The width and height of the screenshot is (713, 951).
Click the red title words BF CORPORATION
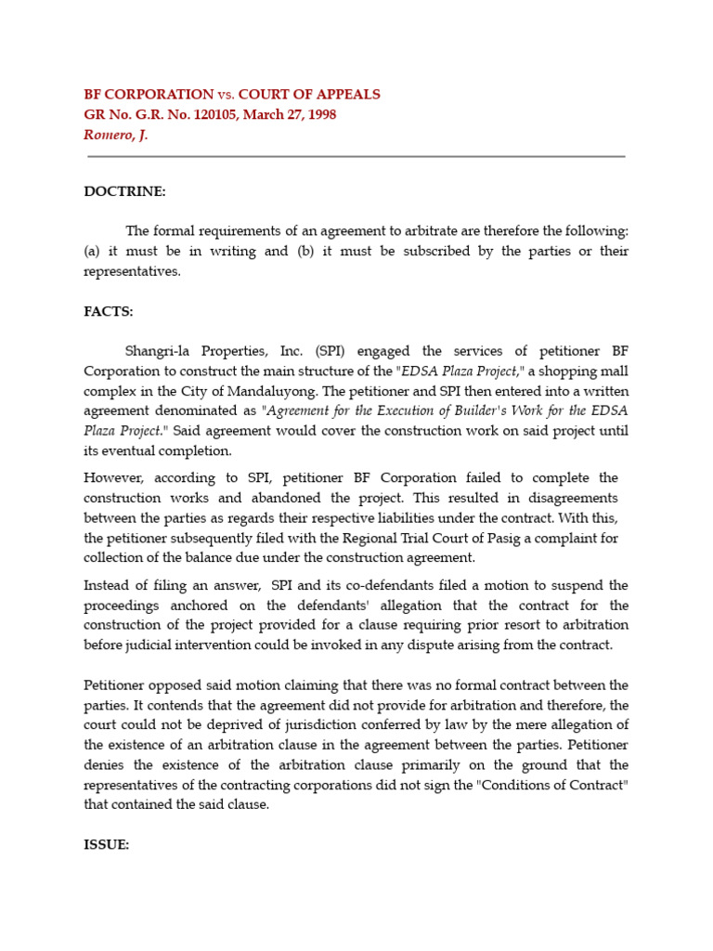149,95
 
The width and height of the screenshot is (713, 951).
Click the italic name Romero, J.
116,135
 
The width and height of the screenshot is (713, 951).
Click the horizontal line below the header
356,157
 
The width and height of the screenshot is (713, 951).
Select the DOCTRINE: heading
124,192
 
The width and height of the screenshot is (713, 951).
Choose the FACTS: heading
109,311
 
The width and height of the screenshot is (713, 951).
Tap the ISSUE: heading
107,845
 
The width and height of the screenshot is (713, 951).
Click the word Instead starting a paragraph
110,585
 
